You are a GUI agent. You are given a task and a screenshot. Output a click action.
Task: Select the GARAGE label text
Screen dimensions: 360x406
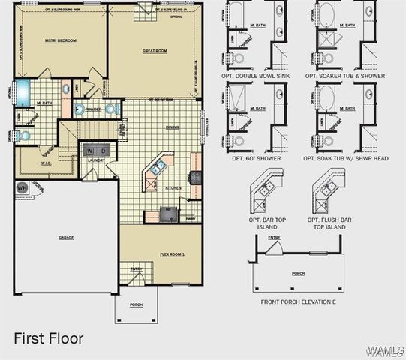click(x=66, y=237)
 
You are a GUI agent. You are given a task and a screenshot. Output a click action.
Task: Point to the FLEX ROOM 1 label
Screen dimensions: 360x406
click(x=172, y=253)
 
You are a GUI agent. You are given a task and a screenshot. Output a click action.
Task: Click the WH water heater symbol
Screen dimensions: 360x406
click(x=22, y=188)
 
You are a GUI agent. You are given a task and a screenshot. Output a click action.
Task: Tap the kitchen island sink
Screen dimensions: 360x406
click(x=158, y=168)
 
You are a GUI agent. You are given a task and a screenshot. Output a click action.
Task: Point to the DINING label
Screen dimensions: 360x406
click(x=172, y=127)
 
